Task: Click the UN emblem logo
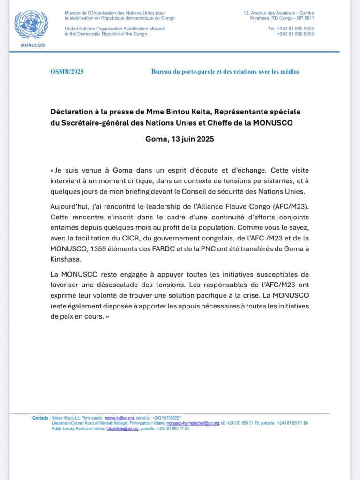point(31,25)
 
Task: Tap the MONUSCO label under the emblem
point(31,45)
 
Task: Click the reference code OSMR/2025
point(67,72)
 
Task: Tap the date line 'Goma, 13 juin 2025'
point(180,139)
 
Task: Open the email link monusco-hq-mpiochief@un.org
point(193,423)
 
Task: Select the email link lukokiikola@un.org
point(122,428)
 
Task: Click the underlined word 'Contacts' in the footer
point(40,418)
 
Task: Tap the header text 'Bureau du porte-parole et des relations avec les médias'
point(225,72)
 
